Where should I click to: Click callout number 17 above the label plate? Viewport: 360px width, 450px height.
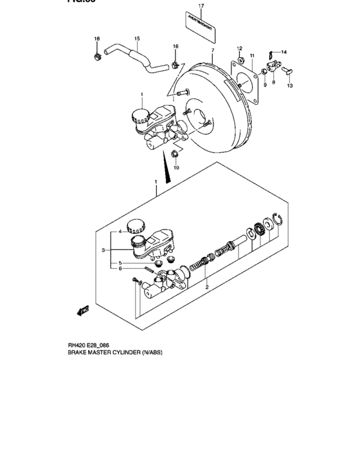click(x=201, y=5)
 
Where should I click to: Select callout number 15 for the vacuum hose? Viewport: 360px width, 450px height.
click(x=136, y=39)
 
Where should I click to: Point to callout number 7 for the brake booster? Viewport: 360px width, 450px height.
click(x=212, y=50)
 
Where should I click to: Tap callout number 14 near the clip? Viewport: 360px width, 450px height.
click(x=284, y=52)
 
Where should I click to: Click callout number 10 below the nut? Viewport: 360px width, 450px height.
click(x=177, y=168)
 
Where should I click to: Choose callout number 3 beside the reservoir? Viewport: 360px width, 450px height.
click(x=102, y=249)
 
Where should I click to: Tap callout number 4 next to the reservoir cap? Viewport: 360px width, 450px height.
click(x=119, y=232)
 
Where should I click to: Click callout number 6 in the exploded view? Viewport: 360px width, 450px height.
click(x=119, y=269)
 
